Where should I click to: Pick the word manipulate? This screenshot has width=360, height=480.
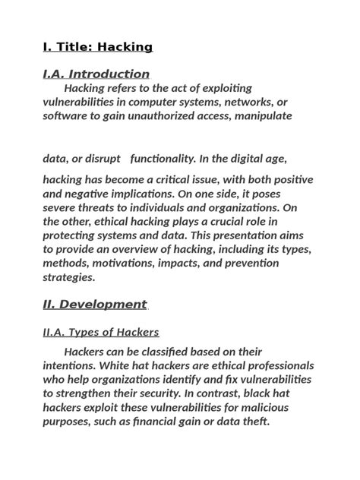(x=263, y=116)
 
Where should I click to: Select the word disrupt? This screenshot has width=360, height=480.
(x=102, y=159)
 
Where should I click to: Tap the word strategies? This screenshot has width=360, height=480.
(x=68, y=277)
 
